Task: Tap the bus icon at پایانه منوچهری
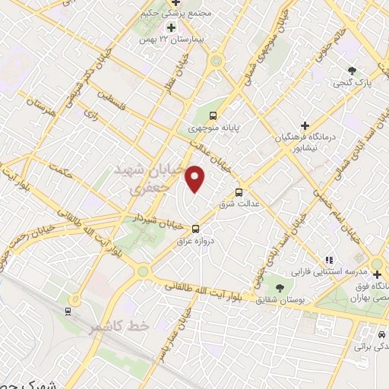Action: [x=213, y=117]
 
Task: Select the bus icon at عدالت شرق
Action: [x=240, y=192]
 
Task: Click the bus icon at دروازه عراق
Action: [x=196, y=227]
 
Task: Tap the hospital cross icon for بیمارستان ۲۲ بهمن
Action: [x=172, y=27]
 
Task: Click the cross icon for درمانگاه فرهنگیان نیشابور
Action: [x=305, y=125]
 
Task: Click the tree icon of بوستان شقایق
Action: [x=280, y=287]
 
